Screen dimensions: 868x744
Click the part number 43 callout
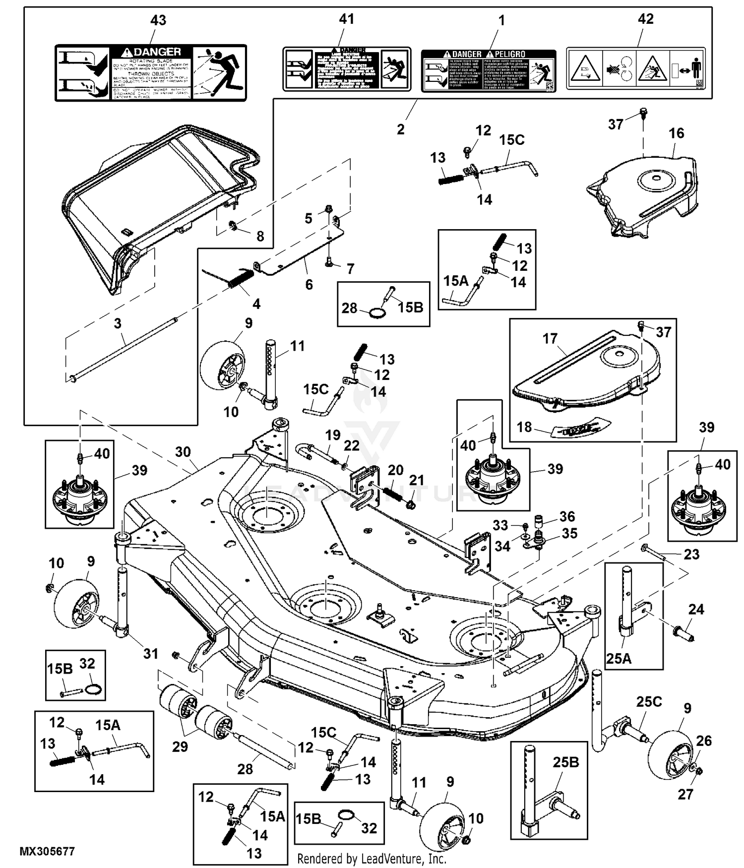point(158,20)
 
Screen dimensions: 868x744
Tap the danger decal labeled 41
point(347,69)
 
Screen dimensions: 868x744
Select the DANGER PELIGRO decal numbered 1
point(489,70)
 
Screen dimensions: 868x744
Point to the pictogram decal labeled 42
point(635,69)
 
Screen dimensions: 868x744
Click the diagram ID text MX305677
point(47,851)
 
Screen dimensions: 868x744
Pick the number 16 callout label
point(676,133)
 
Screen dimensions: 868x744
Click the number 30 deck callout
point(183,452)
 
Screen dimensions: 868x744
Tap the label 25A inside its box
point(619,658)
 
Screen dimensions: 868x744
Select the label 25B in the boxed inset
point(565,762)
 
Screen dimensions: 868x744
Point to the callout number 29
point(180,746)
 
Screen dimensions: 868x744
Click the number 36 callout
point(567,516)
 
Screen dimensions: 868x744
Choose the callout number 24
point(696,609)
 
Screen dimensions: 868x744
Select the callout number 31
point(151,653)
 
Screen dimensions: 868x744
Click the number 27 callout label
point(685,794)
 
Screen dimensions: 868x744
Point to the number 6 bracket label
point(309,284)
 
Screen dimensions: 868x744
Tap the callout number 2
point(400,129)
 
